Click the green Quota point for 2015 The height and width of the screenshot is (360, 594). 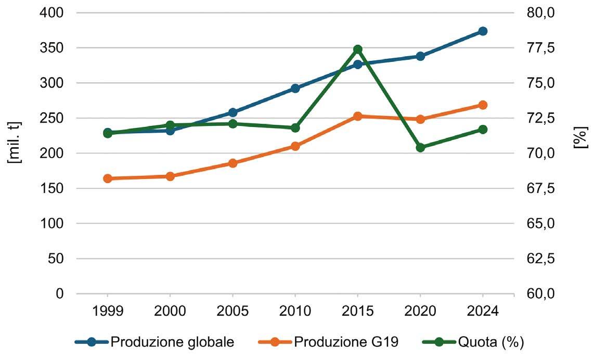[358, 49]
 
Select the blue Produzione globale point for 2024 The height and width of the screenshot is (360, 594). [483, 31]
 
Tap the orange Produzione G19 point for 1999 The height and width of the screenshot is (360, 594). [108, 178]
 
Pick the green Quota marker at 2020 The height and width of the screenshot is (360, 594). [420, 147]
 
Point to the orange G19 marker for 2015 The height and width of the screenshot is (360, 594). [358, 116]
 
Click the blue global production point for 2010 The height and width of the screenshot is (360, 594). [295, 88]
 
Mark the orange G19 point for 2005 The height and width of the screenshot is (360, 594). [233, 163]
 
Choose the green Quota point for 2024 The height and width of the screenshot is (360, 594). [483, 130]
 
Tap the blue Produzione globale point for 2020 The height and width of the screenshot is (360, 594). [420, 57]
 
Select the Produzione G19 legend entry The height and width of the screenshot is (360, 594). [328, 342]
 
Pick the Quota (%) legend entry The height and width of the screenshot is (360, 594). [473, 342]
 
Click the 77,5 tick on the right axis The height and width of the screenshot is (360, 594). [540, 48]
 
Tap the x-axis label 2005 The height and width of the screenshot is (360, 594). [233, 311]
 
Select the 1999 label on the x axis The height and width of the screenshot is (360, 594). [108, 311]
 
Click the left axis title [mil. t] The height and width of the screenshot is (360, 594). [15, 143]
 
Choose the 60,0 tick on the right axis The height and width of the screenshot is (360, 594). [540, 294]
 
